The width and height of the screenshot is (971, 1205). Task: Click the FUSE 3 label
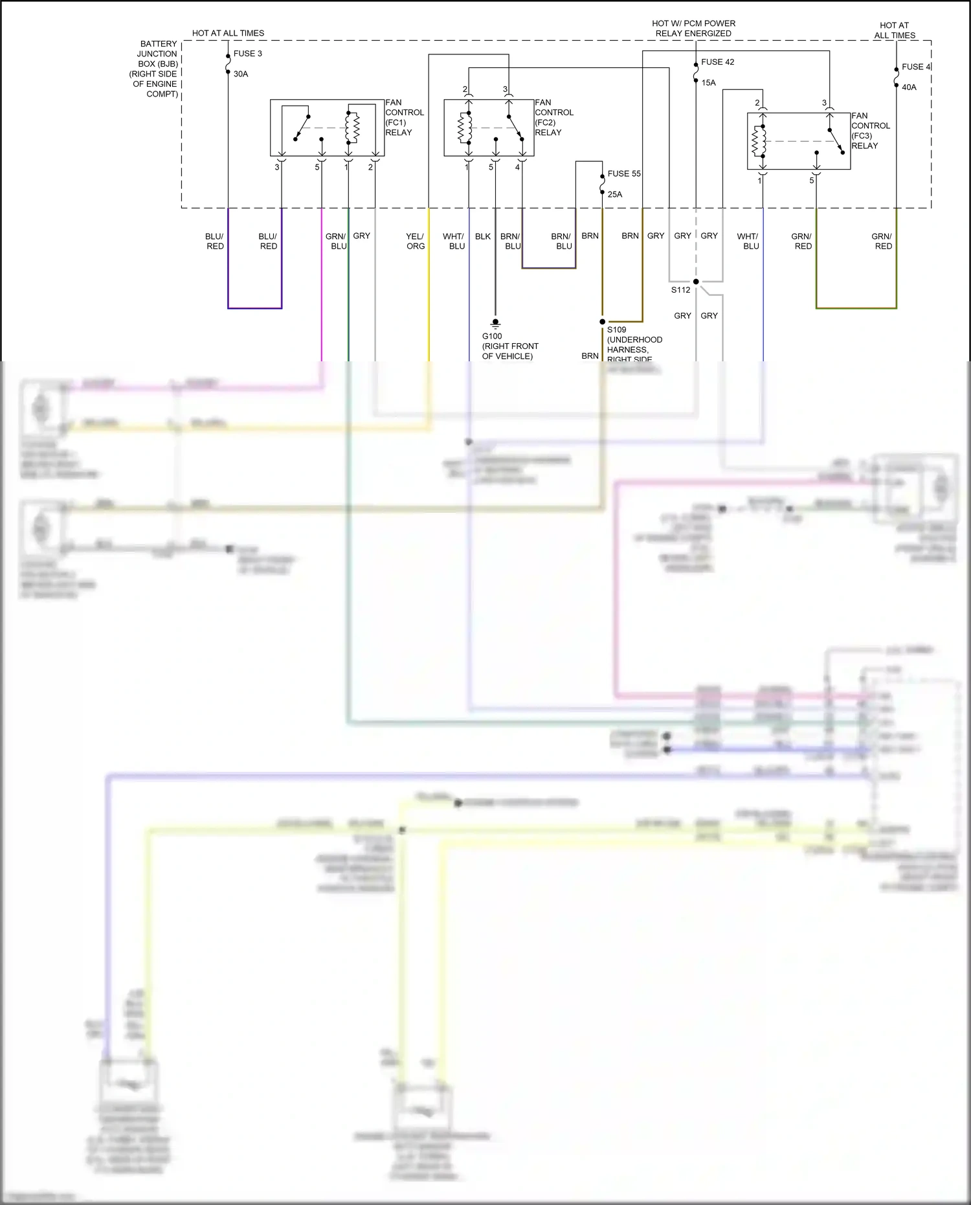pos(247,54)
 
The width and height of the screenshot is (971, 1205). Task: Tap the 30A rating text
pos(241,74)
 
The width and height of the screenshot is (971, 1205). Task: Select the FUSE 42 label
pos(717,62)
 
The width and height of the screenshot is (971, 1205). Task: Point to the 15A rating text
pos(708,83)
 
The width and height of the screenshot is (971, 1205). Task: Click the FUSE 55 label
pos(623,174)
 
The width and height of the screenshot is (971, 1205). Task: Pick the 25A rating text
pos(614,194)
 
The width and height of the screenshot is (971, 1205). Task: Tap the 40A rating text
pos(908,87)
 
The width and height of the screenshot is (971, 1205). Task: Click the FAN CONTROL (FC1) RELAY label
pos(404,117)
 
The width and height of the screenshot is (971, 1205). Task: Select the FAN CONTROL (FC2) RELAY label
pos(553,117)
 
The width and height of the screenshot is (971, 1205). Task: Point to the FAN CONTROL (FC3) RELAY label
pos(870,131)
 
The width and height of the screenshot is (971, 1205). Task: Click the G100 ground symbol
pos(495,323)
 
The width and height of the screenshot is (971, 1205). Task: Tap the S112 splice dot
pos(696,282)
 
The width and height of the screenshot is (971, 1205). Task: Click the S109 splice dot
pos(602,322)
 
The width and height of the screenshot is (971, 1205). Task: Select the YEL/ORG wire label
pos(415,241)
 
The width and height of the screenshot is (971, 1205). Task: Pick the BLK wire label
pos(482,236)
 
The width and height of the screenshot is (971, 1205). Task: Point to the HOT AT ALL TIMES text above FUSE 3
pos(228,33)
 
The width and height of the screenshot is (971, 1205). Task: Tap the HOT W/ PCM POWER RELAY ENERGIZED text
pos(693,28)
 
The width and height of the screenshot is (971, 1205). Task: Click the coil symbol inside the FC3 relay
pos(759,141)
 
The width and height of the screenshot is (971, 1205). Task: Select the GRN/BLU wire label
pos(335,241)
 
